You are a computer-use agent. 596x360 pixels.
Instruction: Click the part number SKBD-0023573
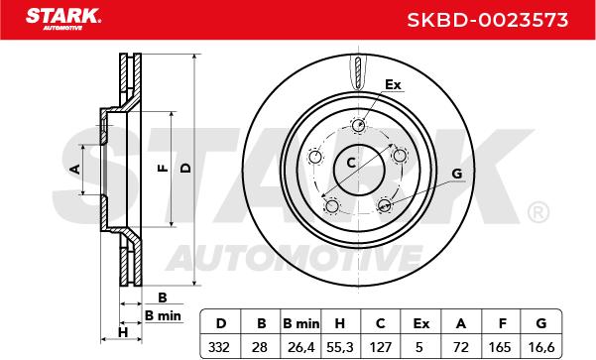coord(488,20)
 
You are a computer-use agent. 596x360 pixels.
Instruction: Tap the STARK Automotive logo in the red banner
coord(63,19)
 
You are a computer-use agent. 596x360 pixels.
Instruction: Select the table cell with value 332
coord(219,347)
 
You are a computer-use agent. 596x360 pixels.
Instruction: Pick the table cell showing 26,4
coord(301,347)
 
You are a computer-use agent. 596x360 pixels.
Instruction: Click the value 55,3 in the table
coord(340,347)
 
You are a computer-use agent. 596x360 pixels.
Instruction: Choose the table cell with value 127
coord(381,347)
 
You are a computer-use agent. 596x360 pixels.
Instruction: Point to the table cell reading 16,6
coord(541,347)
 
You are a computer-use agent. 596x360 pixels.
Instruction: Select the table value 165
coord(500,347)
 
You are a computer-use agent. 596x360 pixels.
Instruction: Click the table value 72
coord(461,347)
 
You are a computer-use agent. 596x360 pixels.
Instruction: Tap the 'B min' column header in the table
coord(301,323)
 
